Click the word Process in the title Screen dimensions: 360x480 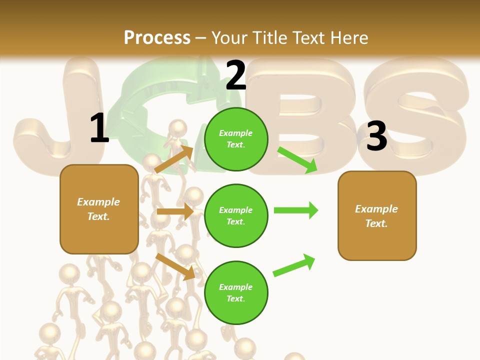(x=157, y=37)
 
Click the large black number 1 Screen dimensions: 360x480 (x=99, y=128)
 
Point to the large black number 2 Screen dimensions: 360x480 (x=235, y=75)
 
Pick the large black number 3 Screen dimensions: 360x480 (x=376, y=136)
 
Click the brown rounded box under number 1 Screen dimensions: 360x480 (x=99, y=209)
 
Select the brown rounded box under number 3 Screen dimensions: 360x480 (x=377, y=216)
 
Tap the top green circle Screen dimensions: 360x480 (x=236, y=139)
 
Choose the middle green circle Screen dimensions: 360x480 (x=236, y=215)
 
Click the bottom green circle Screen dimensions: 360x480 (x=236, y=293)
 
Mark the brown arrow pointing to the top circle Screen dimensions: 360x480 (x=174, y=159)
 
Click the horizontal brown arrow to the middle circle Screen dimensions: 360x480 (x=175, y=212)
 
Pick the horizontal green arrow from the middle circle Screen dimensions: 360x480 (x=296, y=210)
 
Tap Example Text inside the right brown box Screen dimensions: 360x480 (x=377, y=216)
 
